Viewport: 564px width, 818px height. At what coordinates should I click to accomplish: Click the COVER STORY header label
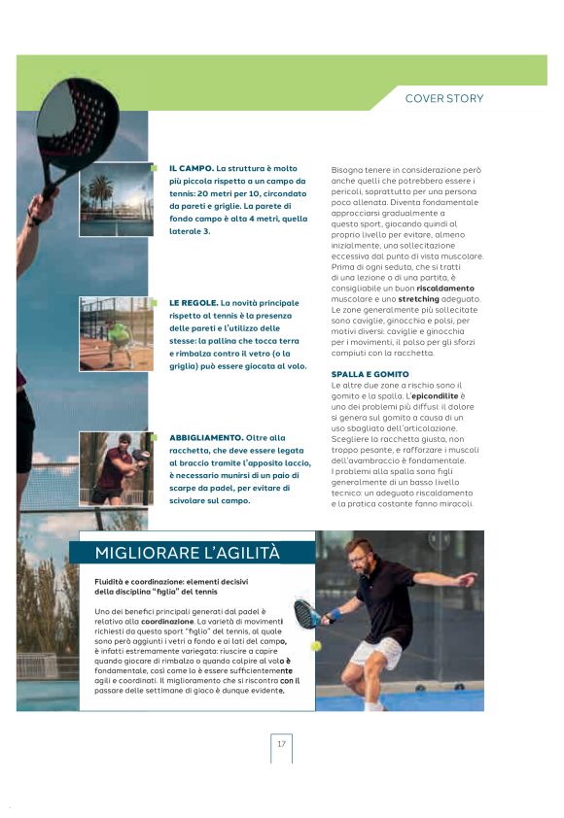pos(443,98)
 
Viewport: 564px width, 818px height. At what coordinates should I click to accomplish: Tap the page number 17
pos(281,744)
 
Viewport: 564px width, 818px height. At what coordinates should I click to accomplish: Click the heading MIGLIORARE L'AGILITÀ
pos(187,553)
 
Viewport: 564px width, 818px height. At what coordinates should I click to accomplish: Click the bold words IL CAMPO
pos(191,168)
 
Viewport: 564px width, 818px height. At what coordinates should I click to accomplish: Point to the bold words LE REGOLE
pos(193,303)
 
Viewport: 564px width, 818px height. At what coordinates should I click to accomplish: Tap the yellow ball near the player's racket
pos(316,646)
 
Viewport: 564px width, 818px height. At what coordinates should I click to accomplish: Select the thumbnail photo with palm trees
pos(116,199)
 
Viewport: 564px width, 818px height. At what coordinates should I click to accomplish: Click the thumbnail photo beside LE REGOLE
pos(116,333)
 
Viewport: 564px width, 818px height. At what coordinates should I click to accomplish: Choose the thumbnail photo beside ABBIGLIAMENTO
pos(116,469)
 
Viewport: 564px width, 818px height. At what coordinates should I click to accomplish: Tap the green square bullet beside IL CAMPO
pos(154,168)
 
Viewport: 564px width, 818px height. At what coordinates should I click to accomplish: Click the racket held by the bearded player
pos(305,613)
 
